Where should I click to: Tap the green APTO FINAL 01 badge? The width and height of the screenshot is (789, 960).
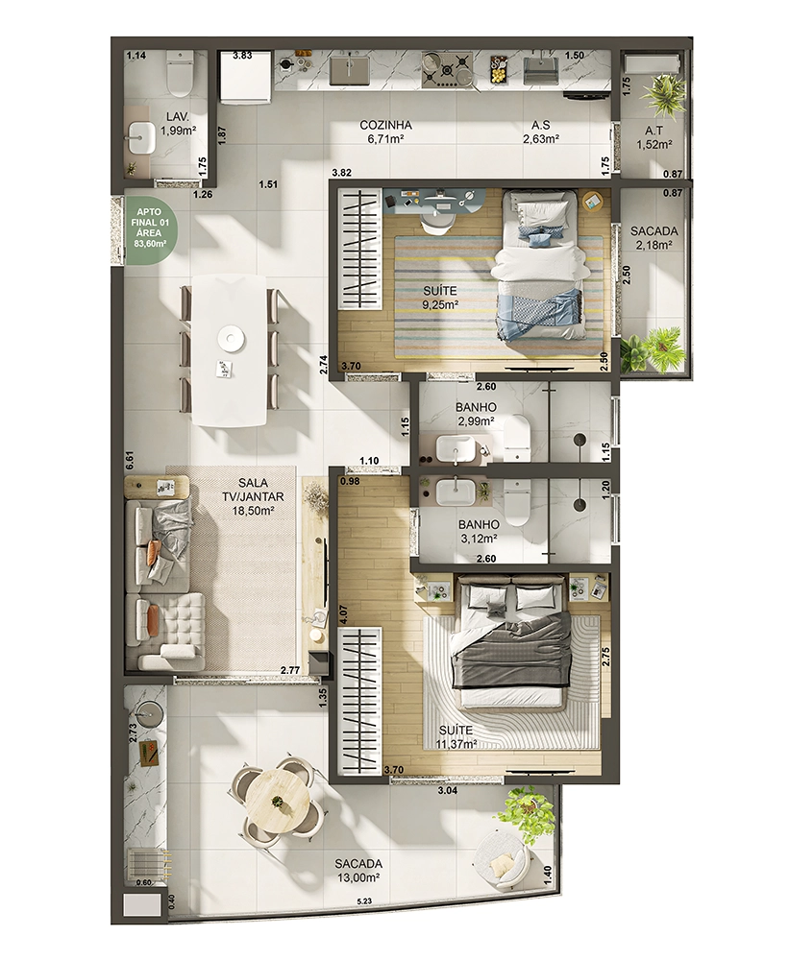pyautogui.click(x=150, y=228)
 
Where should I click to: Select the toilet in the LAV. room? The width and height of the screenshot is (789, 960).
pyautogui.click(x=180, y=74)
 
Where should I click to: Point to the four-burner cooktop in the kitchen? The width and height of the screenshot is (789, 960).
pyautogui.click(x=446, y=67)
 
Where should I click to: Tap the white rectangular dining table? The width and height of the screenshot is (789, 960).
pyautogui.click(x=230, y=349)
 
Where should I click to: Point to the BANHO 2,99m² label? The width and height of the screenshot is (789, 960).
pyautogui.click(x=476, y=414)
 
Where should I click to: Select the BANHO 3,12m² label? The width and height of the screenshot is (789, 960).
pyautogui.click(x=479, y=532)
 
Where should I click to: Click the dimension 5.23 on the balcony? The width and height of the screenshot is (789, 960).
pyautogui.click(x=366, y=901)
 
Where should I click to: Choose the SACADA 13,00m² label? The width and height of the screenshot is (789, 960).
pyautogui.click(x=358, y=870)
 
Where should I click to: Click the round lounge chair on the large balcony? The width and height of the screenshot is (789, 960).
pyautogui.click(x=501, y=857)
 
